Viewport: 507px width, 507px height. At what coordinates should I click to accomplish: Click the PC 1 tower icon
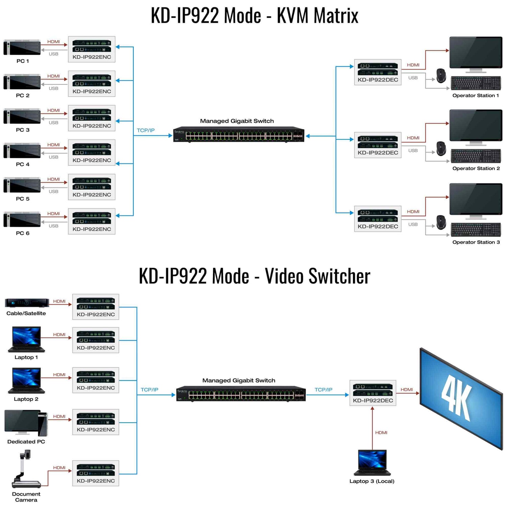point(22,47)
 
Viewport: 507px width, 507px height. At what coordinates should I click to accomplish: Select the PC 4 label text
point(23,164)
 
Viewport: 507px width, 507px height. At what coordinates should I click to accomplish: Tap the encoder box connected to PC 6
point(92,221)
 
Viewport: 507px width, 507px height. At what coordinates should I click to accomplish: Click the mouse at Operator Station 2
point(441,149)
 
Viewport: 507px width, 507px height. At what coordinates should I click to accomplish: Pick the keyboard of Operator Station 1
point(476,83)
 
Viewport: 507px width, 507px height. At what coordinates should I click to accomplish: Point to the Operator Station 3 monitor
point(476,199)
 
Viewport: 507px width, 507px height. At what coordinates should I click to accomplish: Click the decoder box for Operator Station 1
point(378,72)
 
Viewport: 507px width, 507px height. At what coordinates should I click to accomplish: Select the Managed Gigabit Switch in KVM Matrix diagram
point(239,135)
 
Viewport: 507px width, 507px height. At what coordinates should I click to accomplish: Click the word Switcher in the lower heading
point(317,276)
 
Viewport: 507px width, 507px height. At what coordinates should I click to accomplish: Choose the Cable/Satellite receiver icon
point(27,303)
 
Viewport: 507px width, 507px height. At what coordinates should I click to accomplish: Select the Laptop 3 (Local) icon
point(372,462)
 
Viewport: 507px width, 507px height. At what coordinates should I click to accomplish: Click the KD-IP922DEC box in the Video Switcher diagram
point(372,393)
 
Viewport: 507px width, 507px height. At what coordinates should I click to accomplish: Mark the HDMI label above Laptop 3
point(381,433)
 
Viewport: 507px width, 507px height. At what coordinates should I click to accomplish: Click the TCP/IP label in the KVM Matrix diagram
point(146,130)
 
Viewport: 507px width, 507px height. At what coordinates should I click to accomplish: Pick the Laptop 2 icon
point(26,381)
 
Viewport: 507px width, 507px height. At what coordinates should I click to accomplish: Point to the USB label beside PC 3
point(53,123)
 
